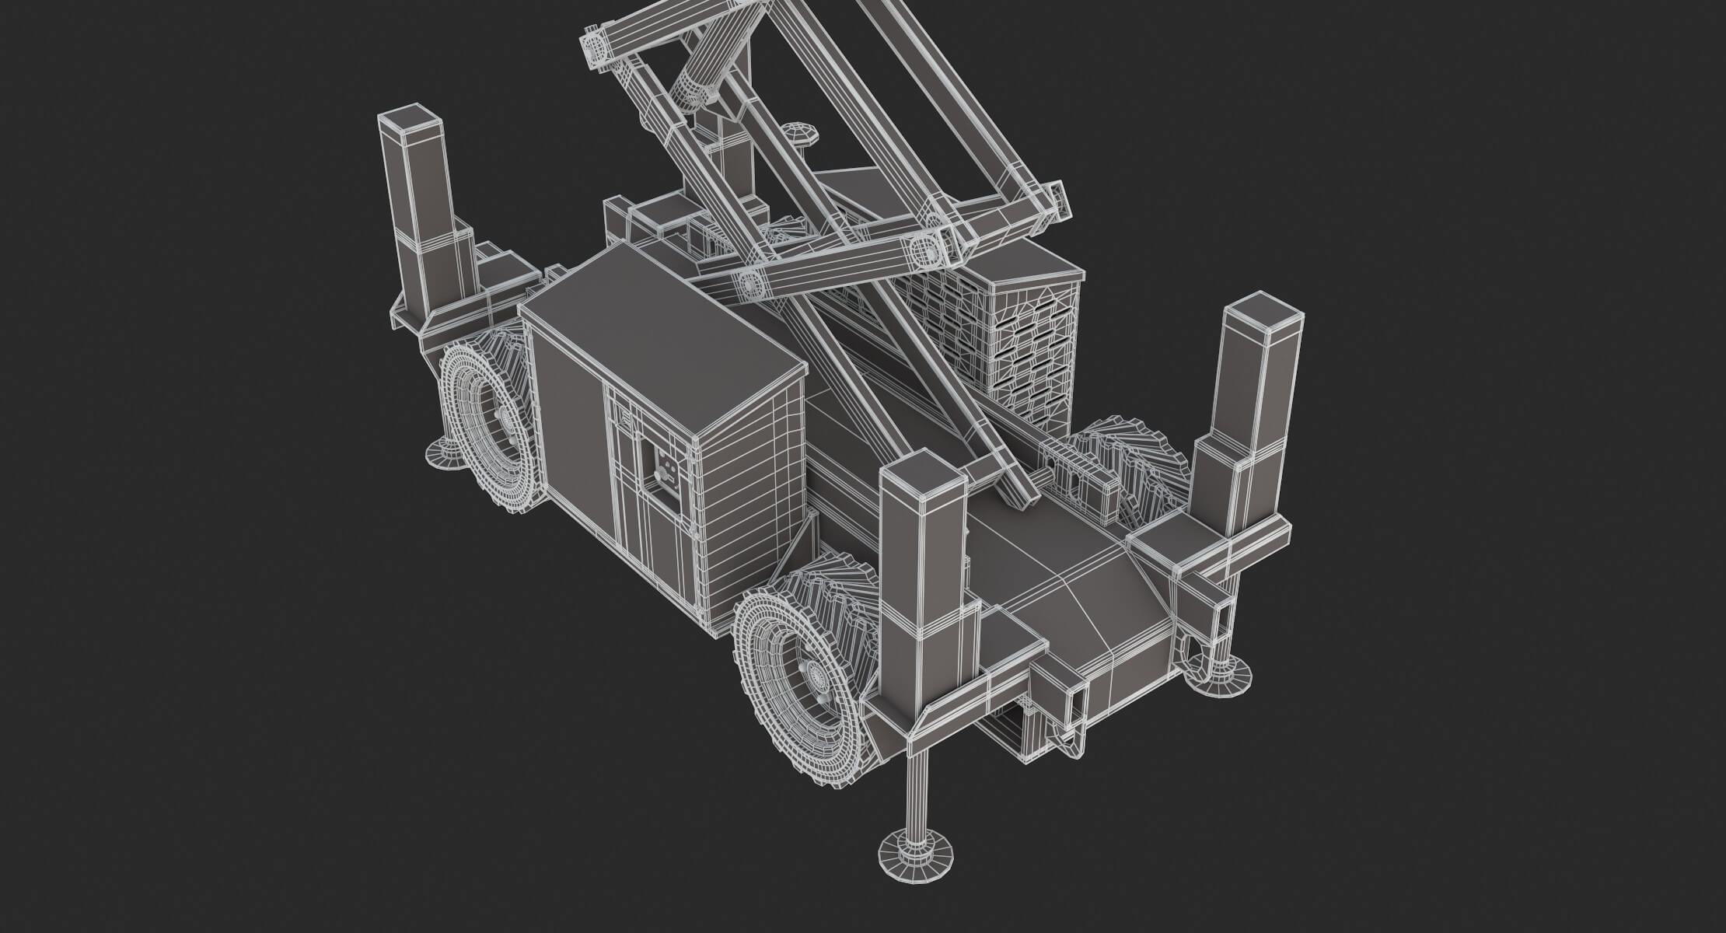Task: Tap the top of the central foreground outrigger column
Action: pyautogui.click(x=923, y=475)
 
